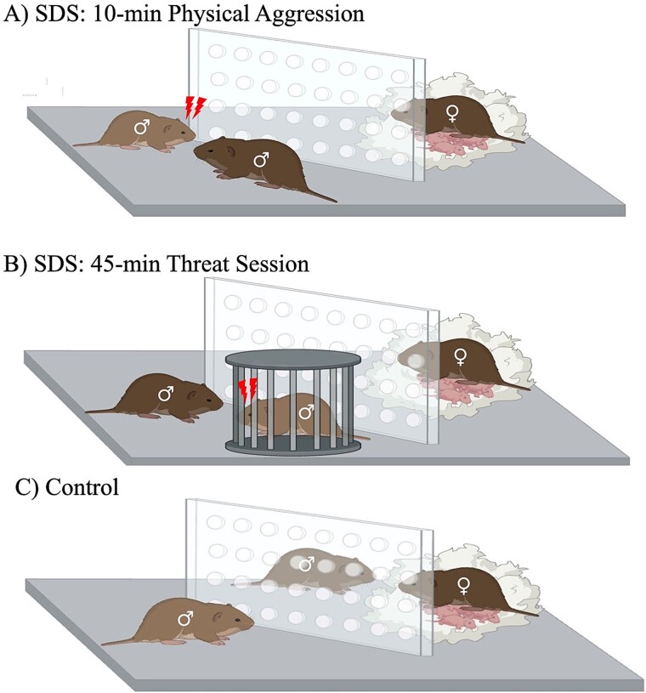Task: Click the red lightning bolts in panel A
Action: (195, 107)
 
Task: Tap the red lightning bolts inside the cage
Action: (248, 392)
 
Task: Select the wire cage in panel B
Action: (289, 406)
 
